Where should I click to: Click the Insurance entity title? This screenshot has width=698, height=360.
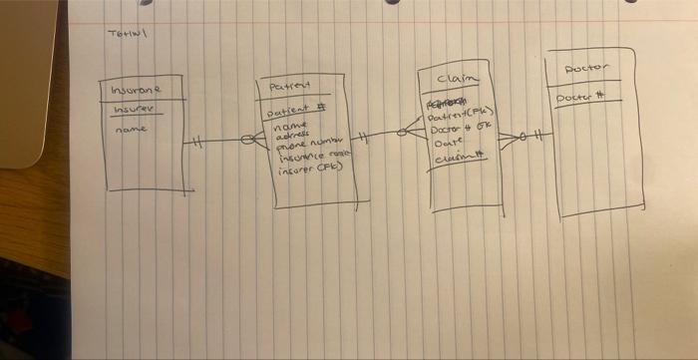click(137, 90)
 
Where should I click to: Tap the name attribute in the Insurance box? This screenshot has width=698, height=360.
click(131, 129)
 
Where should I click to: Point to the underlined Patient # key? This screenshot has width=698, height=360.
click(294, 109)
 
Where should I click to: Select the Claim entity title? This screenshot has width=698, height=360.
click(458, 78)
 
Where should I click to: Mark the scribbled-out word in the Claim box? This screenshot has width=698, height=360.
click(448, 104)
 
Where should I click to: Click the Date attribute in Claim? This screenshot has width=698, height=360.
click(446, 142)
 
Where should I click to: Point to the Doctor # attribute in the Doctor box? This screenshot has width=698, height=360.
click(581, 98)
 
